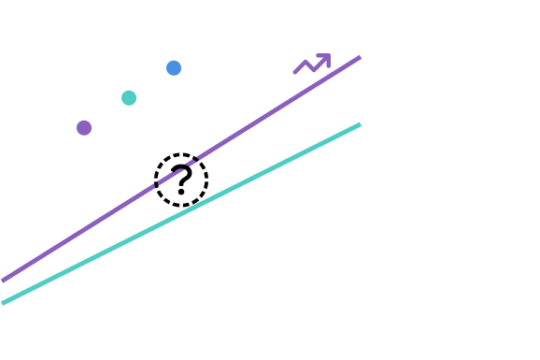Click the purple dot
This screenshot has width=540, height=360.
pos(84,127)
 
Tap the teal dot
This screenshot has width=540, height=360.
pos(129,97)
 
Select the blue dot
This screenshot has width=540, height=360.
pos(174,67)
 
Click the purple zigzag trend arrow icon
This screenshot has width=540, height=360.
pos(312,64)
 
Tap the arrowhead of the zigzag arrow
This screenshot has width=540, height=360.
pos(327,56)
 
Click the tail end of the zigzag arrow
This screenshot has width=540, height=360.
pos(295,72)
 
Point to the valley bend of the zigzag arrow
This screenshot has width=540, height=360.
pos(313,68)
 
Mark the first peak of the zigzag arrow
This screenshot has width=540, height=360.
pos(306,62)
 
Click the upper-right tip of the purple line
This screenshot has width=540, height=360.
pos(360,57)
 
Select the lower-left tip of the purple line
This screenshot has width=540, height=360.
pos(4,280)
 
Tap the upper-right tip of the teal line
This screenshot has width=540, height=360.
pos(360,124)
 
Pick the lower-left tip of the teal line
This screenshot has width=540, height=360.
pos(4,302)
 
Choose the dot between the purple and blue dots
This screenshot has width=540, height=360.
pos(129,97)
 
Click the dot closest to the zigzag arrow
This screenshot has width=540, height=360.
pos(174,67)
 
